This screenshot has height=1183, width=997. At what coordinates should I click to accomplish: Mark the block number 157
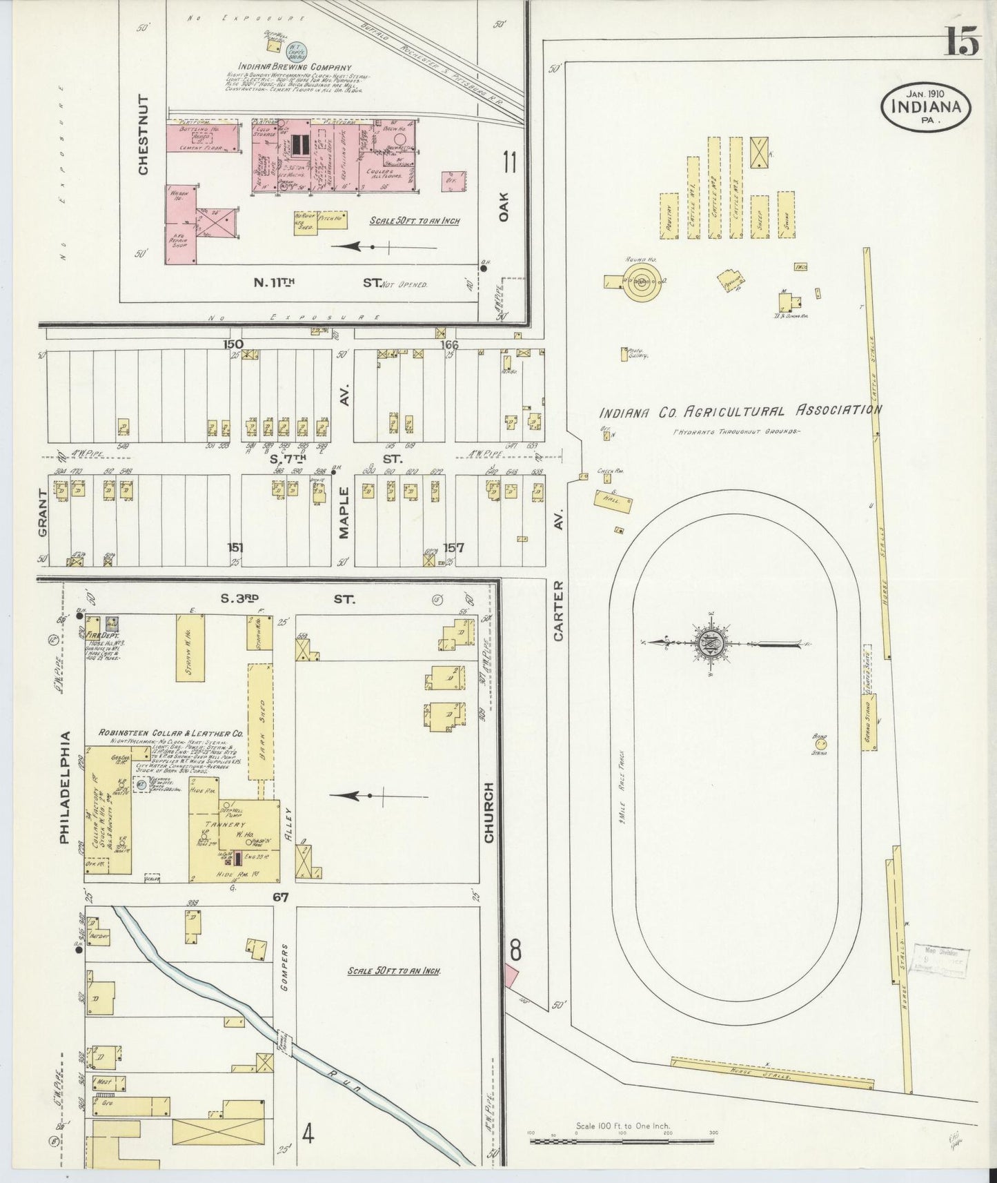pos(453,547)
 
